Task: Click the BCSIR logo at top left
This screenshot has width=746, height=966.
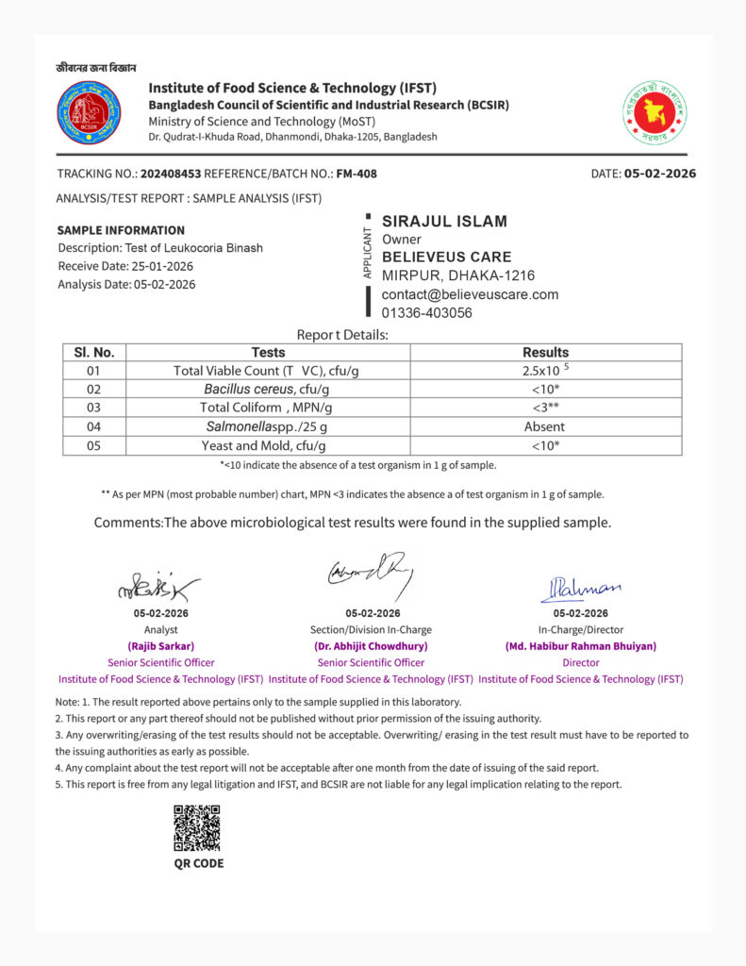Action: coord(89,112)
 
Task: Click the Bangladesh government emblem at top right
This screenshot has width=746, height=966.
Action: coord(654,112)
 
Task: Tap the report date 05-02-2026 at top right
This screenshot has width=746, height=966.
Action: coord(659,174)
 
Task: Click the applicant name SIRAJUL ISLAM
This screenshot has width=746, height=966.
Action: coord(444,222)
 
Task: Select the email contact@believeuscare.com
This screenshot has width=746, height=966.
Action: coord(470,294)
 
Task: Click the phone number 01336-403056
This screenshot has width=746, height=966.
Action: coord(427,312)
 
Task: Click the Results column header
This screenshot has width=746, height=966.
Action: coord(545,352)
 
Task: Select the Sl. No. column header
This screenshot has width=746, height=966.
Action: coord(93,352)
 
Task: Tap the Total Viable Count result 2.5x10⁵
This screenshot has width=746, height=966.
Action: coord(546,371)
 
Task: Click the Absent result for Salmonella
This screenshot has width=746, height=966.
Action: coord(545,426)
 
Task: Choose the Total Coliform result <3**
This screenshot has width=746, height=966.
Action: coord(545,408)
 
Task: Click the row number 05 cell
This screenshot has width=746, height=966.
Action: coord(93,445)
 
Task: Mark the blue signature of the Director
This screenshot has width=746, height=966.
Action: coord(580,589)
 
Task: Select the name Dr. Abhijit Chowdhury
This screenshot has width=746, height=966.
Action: coord(371,646)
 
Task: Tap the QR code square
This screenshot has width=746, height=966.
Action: coord(197,827)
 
